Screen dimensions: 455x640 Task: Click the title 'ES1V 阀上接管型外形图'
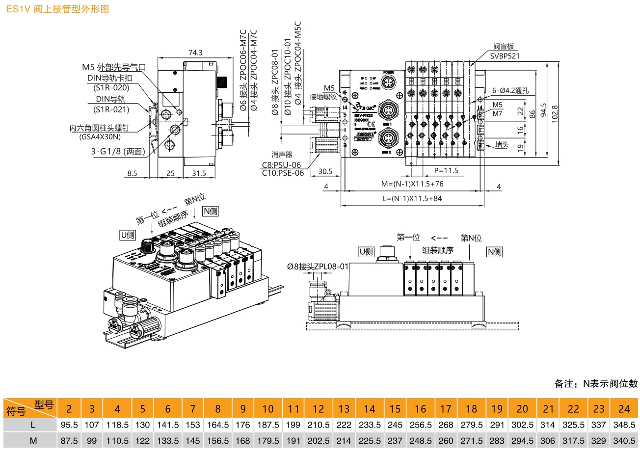(x=57, y=9)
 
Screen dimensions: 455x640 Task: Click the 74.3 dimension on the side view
(x=195, y=53)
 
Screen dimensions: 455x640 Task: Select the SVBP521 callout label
(x=505, y=56)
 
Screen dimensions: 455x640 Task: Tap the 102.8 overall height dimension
(x=555, y=114)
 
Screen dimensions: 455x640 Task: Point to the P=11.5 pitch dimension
(x=446, y=171)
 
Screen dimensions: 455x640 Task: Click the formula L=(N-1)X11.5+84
(x=412, y=198)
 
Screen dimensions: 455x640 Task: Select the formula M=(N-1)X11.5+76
(x=412, y=184)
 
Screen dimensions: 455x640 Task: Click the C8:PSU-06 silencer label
(x=281, y=165)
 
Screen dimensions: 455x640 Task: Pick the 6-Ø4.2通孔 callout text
(x=510, y=91)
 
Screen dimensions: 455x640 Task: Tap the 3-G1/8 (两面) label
(x=118, y=151)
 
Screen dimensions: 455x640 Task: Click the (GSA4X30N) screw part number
(x=100, y=137)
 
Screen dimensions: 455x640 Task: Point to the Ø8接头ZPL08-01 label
(x=318, y=267)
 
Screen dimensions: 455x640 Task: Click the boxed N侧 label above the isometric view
(x=211, y=211)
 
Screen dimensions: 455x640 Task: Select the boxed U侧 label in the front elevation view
(x=366, y=252)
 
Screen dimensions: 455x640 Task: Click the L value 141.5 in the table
(x=167, y=425)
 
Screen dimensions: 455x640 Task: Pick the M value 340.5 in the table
(x=624, y=440)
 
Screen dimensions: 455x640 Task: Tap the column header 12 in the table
(x=318, y=409)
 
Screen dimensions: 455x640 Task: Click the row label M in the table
(x=33, y=440)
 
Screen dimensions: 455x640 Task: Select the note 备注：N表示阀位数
(x=596, y=383)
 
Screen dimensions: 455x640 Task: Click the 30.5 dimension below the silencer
(x=325, y=172)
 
